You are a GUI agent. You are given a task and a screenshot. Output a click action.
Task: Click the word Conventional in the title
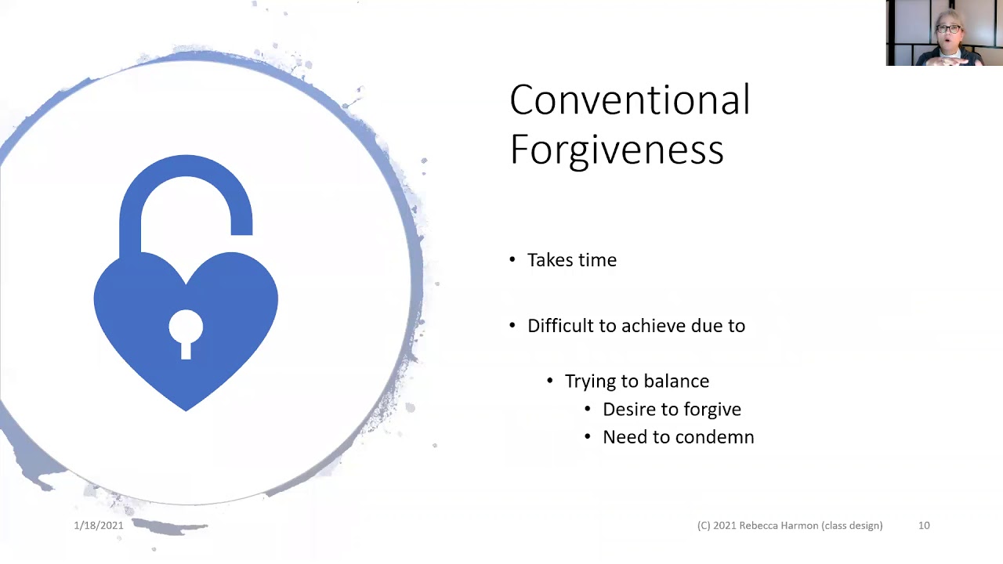629,100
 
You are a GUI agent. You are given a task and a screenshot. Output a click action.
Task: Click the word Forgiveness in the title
616,149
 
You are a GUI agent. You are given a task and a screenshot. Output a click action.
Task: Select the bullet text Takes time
571,260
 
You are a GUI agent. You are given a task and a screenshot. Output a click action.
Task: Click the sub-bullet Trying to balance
636,381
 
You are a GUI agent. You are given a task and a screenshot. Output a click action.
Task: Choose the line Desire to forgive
671,410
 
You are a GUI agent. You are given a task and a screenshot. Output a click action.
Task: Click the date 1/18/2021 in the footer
99,526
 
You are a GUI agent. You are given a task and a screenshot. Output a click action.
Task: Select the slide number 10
924,526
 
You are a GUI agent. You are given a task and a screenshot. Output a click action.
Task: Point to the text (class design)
852,526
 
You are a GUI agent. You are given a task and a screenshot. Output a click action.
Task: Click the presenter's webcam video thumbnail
944,33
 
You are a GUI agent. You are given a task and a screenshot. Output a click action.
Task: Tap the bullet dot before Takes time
512,260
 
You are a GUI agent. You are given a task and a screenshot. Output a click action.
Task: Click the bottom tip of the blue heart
186,407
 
